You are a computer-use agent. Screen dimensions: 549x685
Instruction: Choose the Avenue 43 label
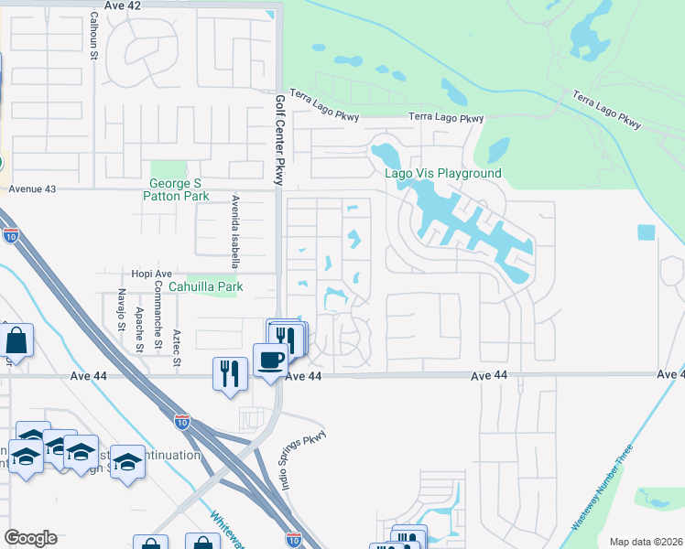pos(32,188)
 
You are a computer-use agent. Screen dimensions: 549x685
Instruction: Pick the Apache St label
pos(139,330)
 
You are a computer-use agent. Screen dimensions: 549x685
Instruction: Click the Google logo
pos(30,538)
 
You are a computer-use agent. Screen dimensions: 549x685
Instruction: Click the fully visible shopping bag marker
pos(17,341)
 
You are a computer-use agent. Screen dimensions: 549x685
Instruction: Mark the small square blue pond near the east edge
pos(647,232)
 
